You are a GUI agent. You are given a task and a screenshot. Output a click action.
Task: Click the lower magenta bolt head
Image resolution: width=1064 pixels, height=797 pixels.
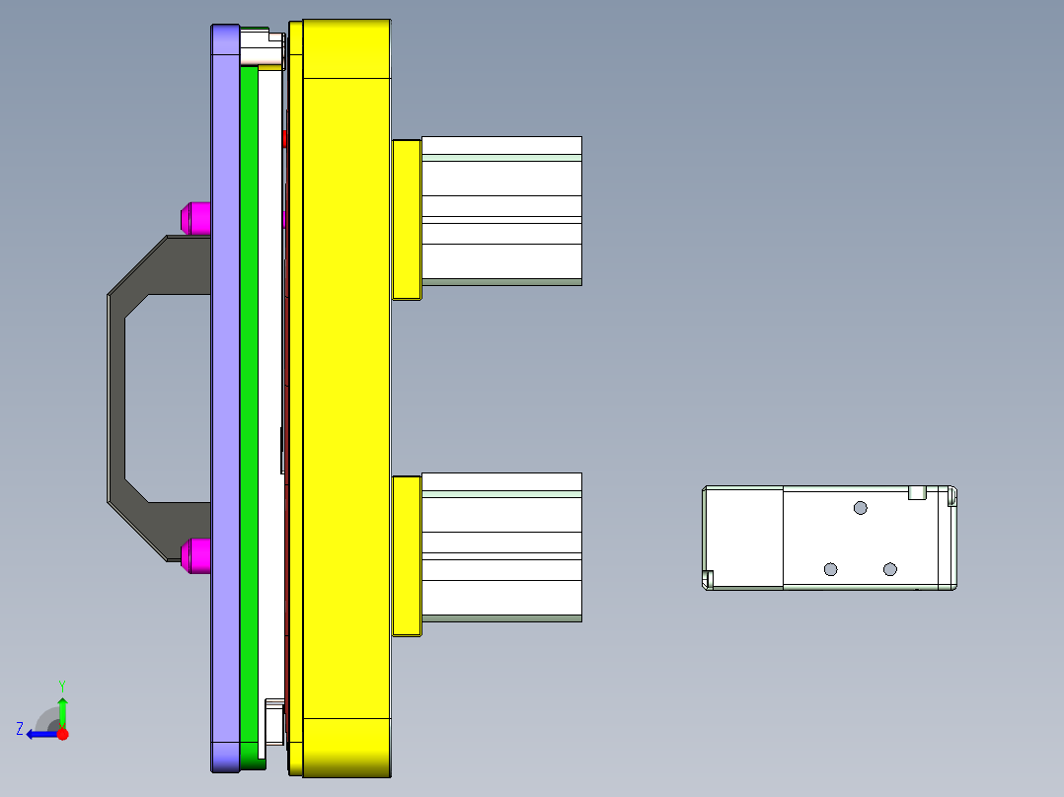click(195, 555)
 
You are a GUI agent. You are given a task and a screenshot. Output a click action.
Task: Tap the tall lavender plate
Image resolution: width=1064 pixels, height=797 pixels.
click(225, 395)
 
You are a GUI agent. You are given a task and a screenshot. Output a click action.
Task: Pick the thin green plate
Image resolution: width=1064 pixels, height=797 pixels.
click(249, 395)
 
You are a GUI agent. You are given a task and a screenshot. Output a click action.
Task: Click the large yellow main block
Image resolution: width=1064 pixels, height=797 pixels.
click(345, 395)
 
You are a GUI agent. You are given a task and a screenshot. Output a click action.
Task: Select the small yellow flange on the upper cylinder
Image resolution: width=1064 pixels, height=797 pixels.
click(407, 219)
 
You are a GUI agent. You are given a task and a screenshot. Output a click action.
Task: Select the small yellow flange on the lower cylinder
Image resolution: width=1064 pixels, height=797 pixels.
click(407, 556)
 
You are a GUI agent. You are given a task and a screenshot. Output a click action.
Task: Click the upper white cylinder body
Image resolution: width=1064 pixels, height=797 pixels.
click(501, 210)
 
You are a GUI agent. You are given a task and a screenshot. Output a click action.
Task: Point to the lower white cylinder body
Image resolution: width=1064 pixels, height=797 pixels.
click(501, 547)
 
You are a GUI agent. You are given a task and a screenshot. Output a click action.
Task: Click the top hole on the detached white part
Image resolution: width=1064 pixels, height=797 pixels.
click(861, 507)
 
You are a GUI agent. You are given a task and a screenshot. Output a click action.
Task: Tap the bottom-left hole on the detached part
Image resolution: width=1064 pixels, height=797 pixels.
click(830, 569)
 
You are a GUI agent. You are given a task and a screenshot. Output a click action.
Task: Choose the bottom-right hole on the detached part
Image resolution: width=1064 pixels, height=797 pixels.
click(889, 569)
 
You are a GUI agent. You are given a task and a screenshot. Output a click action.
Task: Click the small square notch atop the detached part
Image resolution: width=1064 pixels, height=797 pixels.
click(915, 492)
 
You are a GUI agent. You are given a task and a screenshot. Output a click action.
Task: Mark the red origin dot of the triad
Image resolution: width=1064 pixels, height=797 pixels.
click(63, 733)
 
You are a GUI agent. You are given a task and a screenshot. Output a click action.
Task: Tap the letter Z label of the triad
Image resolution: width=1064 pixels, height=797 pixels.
click(19, 729)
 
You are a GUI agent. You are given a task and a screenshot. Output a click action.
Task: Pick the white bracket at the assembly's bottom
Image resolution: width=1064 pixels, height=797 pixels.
click(274, 720)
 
